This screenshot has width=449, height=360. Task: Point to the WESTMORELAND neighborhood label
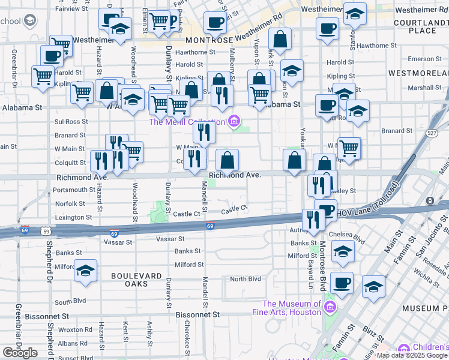click(417, 73)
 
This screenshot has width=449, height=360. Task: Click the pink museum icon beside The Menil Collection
click(234, 122)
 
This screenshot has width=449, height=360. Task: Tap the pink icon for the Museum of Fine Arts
click(329, 308)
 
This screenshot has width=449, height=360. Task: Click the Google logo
click(20, 352)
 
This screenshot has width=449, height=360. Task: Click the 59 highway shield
click(46, 230)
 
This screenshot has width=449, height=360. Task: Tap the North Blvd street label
click(246, 279)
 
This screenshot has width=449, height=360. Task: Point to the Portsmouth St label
click(73, 190)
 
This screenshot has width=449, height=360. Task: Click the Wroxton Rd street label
click(75, 329)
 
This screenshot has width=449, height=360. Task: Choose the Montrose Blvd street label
click(322, 264)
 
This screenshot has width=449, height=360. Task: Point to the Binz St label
click(369, 331)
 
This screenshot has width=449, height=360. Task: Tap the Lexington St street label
click(73, 217)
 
